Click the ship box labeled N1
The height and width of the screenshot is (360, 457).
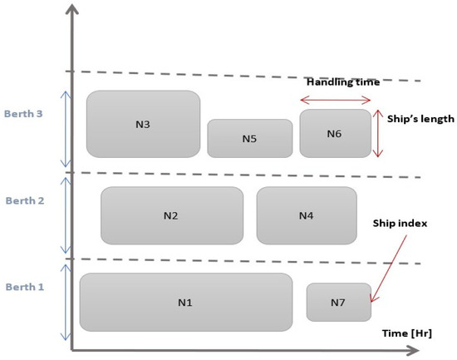(x=185, y=302)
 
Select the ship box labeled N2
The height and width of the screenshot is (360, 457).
(x=171, y=215)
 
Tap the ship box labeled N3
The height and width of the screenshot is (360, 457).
(x=143, y=124)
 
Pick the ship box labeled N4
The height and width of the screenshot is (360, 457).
(x=306, y=215)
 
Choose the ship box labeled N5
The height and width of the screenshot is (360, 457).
(x=249, y=138)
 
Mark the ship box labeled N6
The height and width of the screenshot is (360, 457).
(x=335, y=133)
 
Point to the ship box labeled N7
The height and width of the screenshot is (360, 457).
(x=338, y=302)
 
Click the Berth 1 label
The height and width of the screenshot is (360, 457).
(x=25, y=287)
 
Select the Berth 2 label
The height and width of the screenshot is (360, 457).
(x=25, y=200)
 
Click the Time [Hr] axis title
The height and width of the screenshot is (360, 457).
(x=407, y=333)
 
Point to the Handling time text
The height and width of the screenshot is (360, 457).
(x=343, y=82)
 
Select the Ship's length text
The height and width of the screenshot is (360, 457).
(x=420, y=119)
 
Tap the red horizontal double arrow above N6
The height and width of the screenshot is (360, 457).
(x=335, y=100)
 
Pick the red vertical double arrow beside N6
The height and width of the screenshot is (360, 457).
(x=378, y=133)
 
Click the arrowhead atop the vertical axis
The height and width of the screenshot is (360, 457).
(x=73, y=11)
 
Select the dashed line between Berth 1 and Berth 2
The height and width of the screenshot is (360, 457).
(x=249, y=261)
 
